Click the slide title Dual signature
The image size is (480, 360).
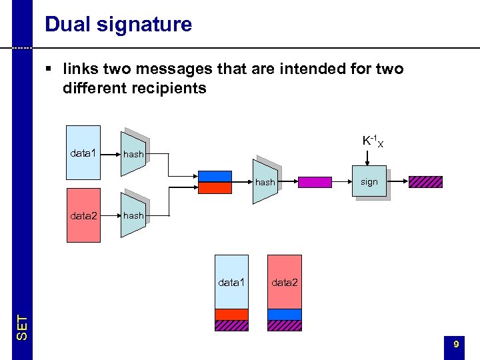point(118,25)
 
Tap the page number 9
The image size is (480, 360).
point(455,344)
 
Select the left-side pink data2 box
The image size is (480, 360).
point(83,215)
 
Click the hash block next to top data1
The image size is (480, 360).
point(133,153)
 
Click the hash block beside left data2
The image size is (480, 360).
point(133,215)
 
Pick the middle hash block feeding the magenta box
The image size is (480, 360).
point(265,181)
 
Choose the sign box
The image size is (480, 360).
point(369,181)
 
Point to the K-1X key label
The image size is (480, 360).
point(373,141)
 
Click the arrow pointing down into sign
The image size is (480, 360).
point(369,157)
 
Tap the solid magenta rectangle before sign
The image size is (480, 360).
point(315,182)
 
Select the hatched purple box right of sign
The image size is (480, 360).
point(425,181)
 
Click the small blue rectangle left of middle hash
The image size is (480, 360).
point(215,176)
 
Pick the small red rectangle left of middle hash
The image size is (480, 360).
point(215,187)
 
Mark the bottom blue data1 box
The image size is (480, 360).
point(231,281)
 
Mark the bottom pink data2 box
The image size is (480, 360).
point(284,281)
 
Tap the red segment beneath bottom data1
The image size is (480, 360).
point(231,314)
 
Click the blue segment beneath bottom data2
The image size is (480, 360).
point(284,314)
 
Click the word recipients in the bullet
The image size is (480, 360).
point(167,88)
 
